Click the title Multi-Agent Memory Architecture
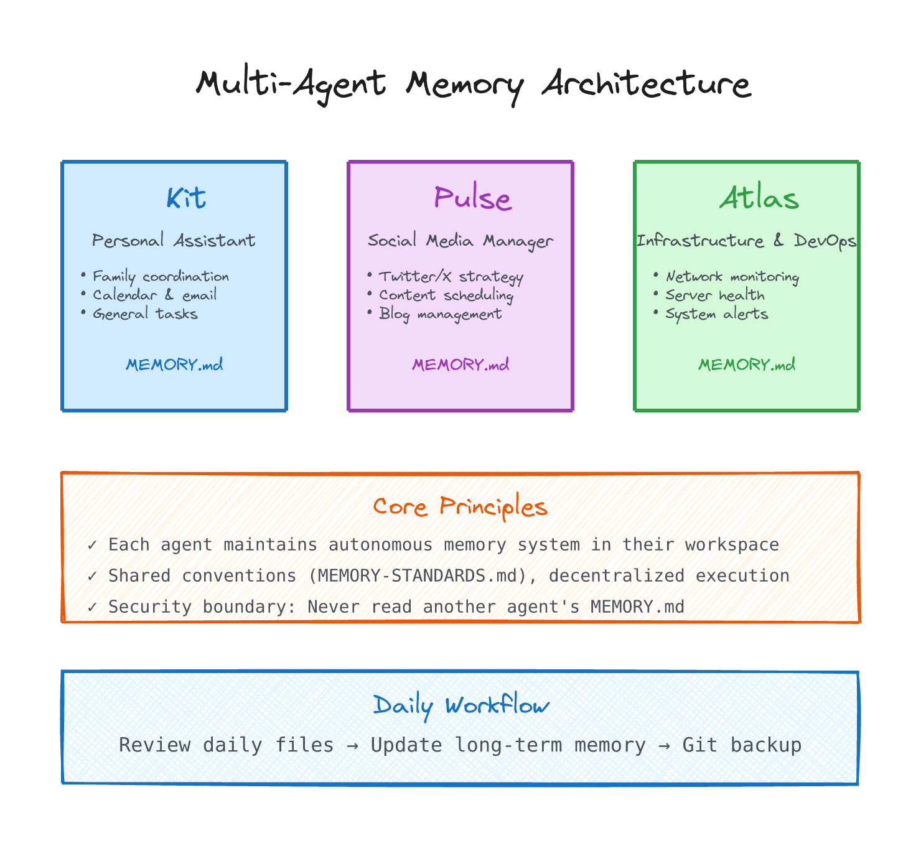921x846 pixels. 473,84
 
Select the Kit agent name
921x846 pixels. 185,198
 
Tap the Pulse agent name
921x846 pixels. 472,198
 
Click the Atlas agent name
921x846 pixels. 759,198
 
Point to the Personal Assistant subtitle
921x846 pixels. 174,240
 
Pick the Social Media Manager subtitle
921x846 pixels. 460,241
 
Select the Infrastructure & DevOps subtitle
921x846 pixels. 746,241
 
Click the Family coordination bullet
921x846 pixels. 161,276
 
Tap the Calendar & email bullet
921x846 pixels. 154,295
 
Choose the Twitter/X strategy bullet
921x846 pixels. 451,277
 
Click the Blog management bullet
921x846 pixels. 440,314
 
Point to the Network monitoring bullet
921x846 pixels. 732,277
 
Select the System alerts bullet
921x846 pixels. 716,314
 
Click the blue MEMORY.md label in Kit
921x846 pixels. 174,365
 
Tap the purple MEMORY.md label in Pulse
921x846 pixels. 460,365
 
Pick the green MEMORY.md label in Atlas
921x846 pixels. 747,365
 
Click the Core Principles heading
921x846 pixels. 460,507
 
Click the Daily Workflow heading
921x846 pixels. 461,705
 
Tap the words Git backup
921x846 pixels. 742,745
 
